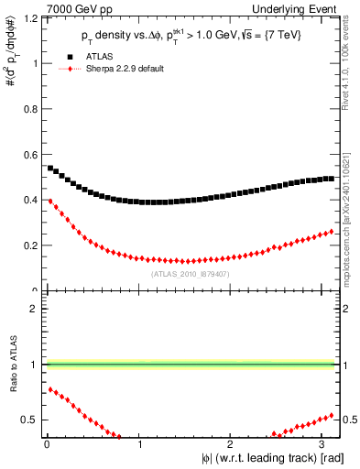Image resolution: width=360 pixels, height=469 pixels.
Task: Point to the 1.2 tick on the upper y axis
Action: click(x=29, y=18)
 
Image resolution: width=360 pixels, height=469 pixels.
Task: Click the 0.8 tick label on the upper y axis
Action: click(x=29, y=109)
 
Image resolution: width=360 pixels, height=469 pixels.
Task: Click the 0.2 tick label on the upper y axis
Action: click(x=29, y=245)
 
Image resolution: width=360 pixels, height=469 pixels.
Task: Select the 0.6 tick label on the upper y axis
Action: click(x=29, y=155)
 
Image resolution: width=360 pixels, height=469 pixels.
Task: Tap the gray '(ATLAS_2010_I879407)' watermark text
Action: click(x=189, y=274)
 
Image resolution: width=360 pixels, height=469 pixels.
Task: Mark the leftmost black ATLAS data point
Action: click(x=50, y=169)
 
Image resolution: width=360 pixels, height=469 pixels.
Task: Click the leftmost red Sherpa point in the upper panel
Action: click(x=50, y=201)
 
